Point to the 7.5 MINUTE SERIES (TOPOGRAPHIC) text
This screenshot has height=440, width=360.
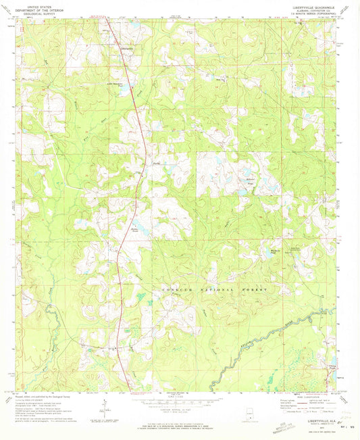click(312, 14)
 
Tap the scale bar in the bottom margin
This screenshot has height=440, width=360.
click(179, 399)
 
